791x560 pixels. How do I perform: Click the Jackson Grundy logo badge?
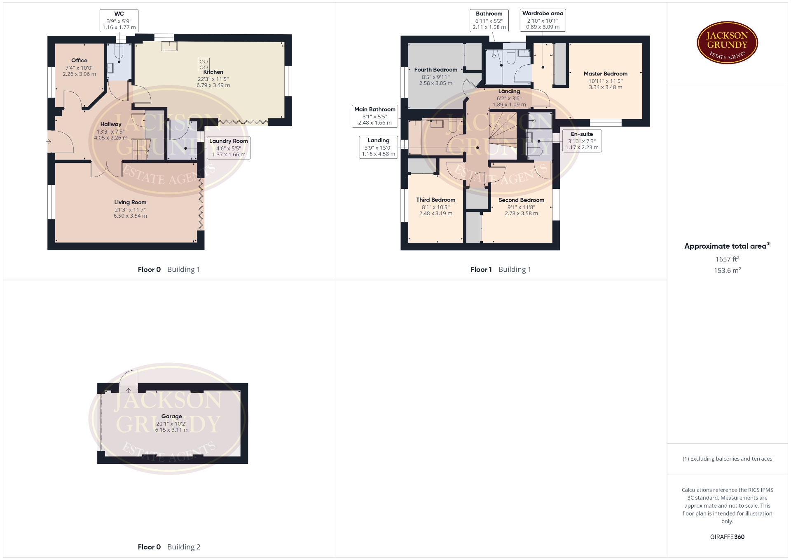point(727,43)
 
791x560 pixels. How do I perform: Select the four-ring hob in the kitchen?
point(204,64)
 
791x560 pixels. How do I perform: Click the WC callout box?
point(119,21)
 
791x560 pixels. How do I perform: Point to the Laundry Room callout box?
point(229,148)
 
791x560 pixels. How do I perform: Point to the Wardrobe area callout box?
point(543,20)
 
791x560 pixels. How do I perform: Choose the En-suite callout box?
point(582,141)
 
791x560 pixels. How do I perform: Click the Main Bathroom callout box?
point(375,116)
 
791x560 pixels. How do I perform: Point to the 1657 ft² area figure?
point(727,259)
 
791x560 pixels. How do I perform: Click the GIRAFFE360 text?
point(727,537)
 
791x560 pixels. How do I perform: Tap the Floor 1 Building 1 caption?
point(501,269)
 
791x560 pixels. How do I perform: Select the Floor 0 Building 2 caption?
point(169,547)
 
